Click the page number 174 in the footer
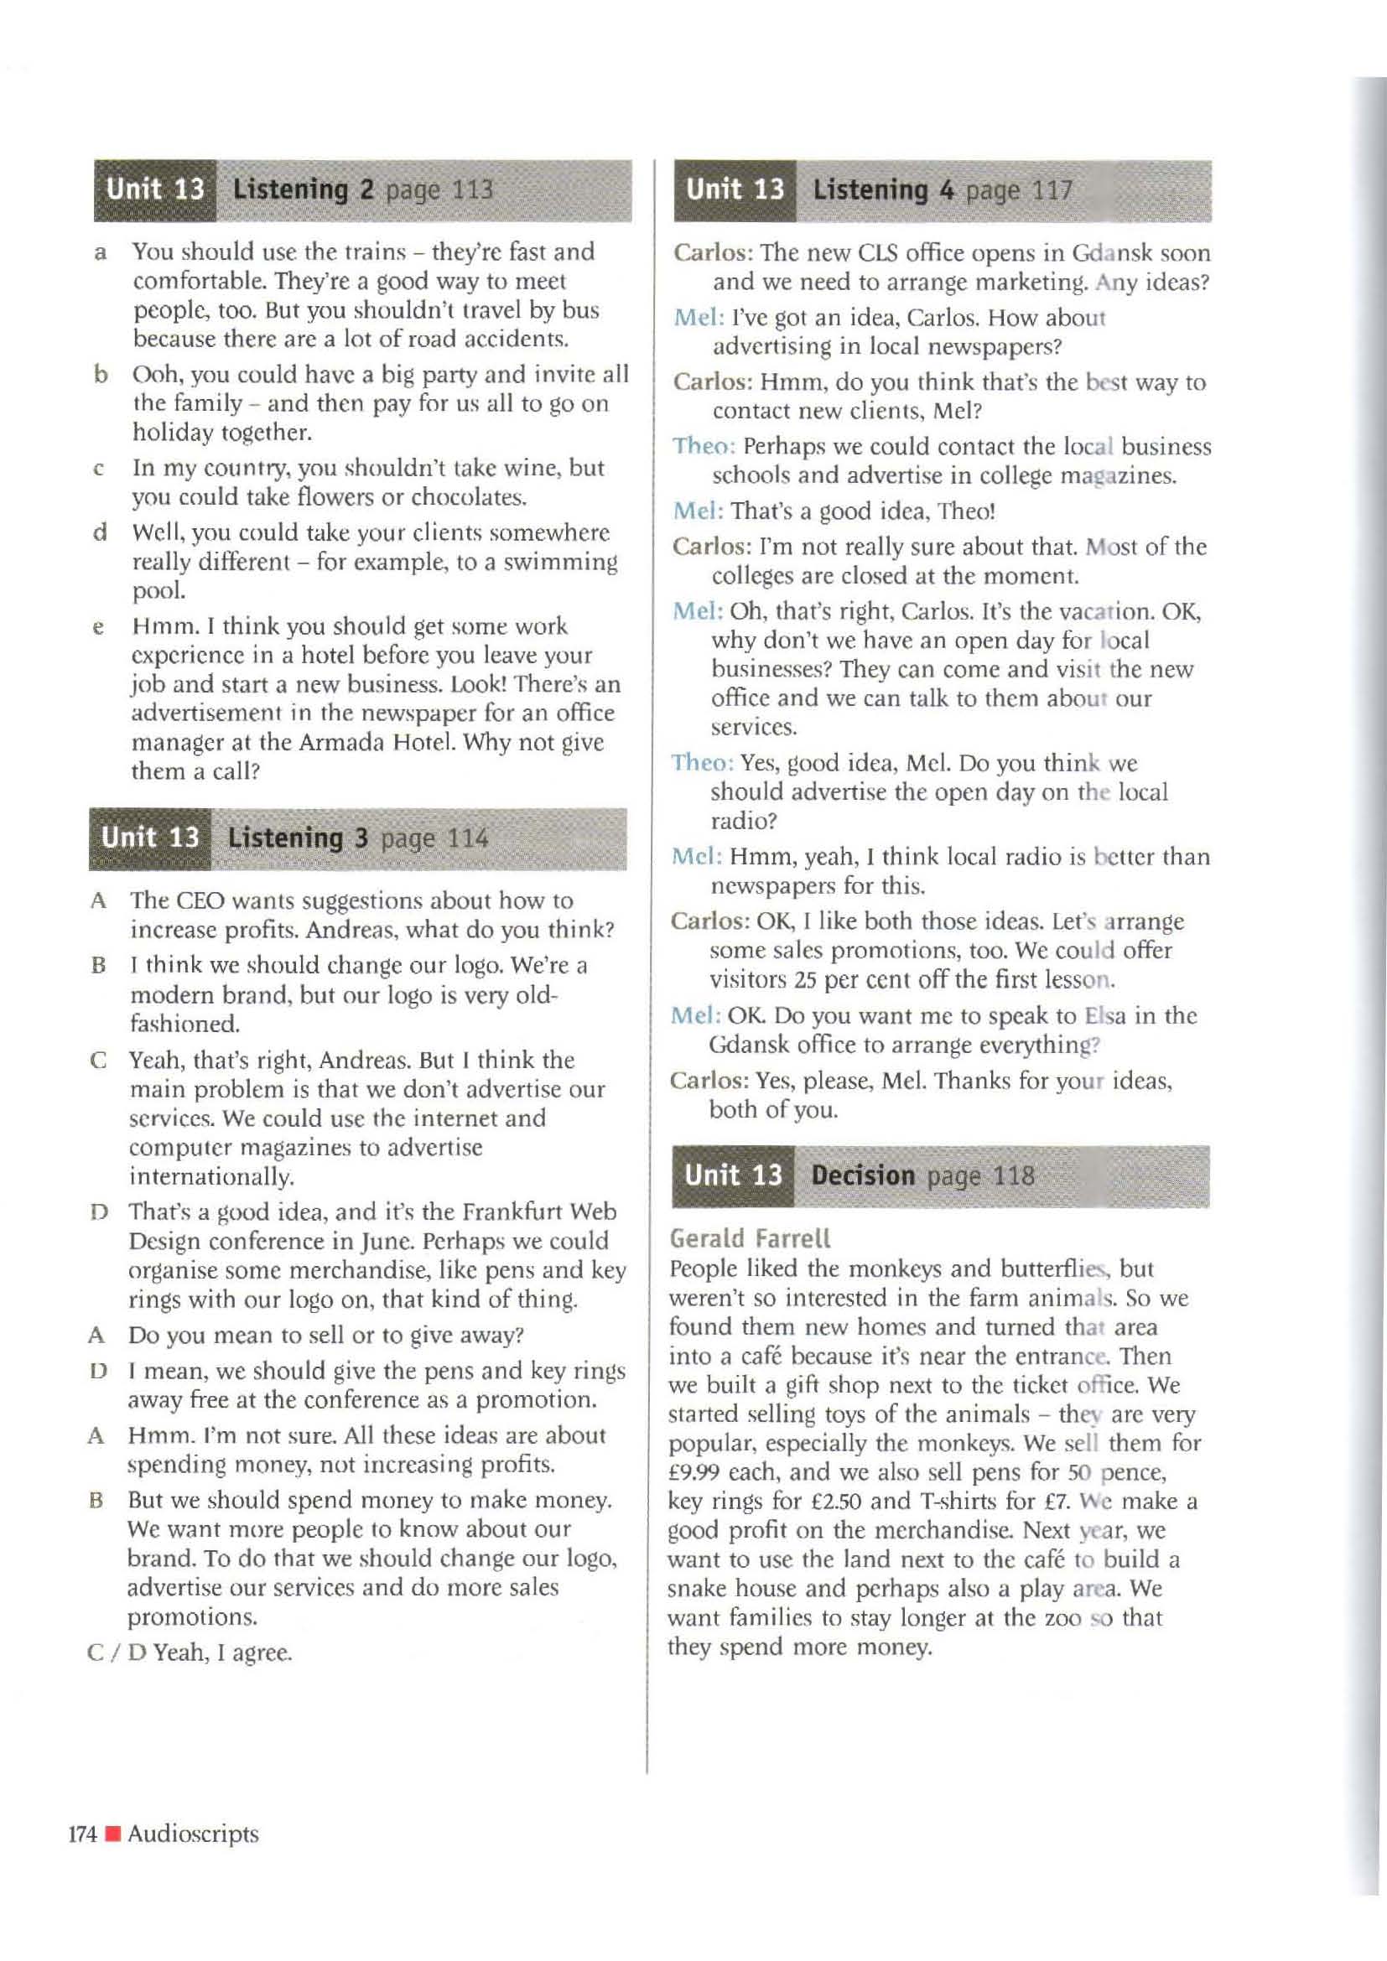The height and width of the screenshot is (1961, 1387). pyautogui.click(x=82, y=1834)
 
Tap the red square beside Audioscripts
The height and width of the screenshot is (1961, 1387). pyautogui.click(x=112, y=1834)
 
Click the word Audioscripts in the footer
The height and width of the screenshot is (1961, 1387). pyautogui.click(x=193, y=1834)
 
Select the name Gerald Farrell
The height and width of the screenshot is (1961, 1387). pyautogui.click(x=750, y=1238)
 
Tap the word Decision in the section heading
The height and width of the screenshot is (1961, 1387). pyautogui.click(x=863, y=1175)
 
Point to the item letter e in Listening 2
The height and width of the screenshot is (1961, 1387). pyautogui.click(x=99, y=628)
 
